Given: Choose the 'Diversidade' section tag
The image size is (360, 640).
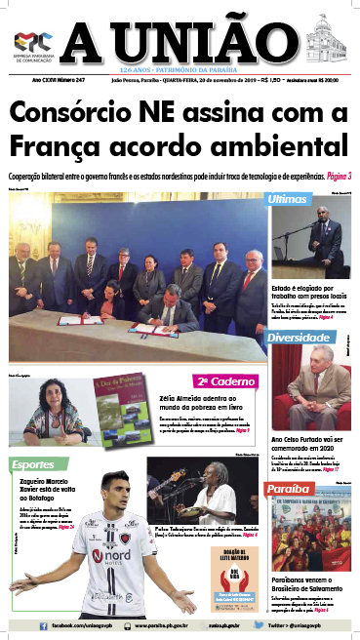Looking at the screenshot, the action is pyautogui.click(x=301, y=338).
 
